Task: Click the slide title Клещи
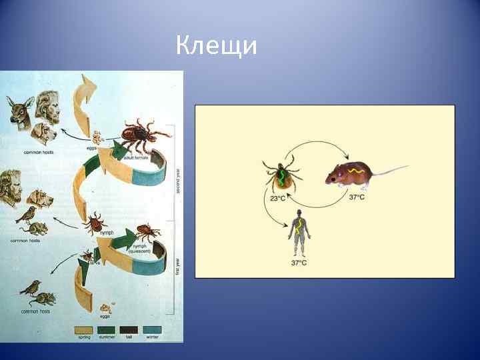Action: point(217,47)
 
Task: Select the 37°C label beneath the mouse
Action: point(357,197)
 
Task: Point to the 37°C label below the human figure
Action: point(299,263)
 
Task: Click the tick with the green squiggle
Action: point(281,175)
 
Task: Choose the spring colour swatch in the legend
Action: point(84,329)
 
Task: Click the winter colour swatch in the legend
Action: point(153,329)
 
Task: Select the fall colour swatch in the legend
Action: point(130,329)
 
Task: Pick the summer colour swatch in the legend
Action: point(107,329)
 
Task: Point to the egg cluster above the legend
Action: point(105,309)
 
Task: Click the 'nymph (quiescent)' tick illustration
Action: point(145,231)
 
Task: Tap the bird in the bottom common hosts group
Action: point(29,287)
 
